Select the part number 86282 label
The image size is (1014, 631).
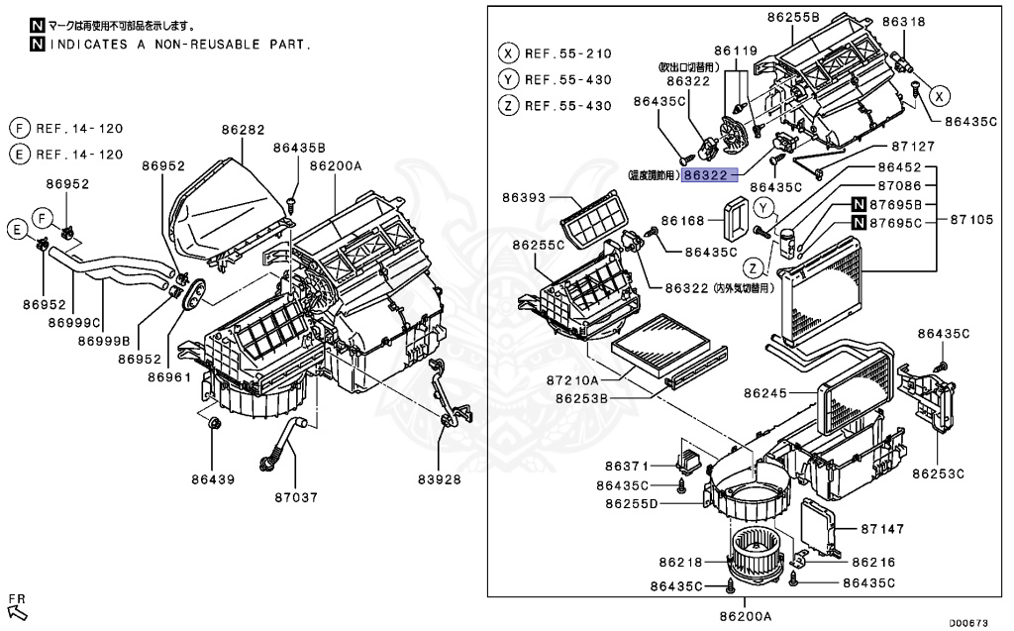pyautogui.click(x=243, y=130)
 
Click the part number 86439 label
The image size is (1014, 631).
pyautogui.click(x=213, y=479)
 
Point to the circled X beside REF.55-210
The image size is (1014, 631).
pyautogui.click(x=508, y=53)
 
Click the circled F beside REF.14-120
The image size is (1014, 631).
pyautogui.click(x=17, y=128)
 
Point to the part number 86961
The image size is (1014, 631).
pyautogui.click(x=169, y=377)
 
